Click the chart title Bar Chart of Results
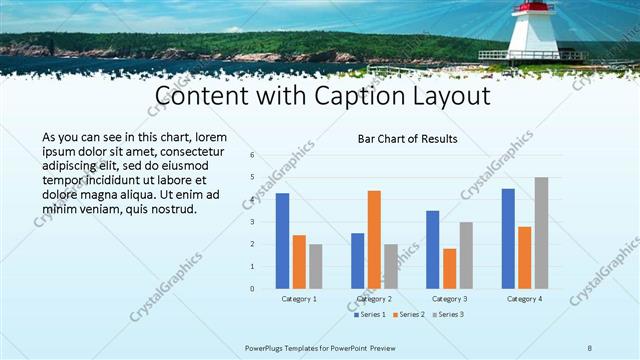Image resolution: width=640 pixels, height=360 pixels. (407, 139)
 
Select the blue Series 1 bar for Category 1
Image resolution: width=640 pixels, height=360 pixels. (283, 241)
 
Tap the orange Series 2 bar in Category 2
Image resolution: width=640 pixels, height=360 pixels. (374, 240)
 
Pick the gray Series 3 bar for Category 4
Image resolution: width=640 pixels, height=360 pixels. (541, 233)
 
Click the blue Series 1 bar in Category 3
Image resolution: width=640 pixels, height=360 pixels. (433, 250)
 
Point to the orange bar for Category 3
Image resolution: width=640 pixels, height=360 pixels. (450, 269)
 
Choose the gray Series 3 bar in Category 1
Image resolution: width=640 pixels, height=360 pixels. (316, 266)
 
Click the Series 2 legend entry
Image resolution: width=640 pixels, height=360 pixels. (410, 315)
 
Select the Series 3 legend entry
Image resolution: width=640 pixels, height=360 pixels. (450, 315)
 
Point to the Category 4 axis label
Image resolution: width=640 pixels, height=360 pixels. (524, 299)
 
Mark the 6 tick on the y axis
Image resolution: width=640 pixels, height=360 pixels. (252, 155)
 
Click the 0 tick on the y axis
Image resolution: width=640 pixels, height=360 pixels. (252, 288)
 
